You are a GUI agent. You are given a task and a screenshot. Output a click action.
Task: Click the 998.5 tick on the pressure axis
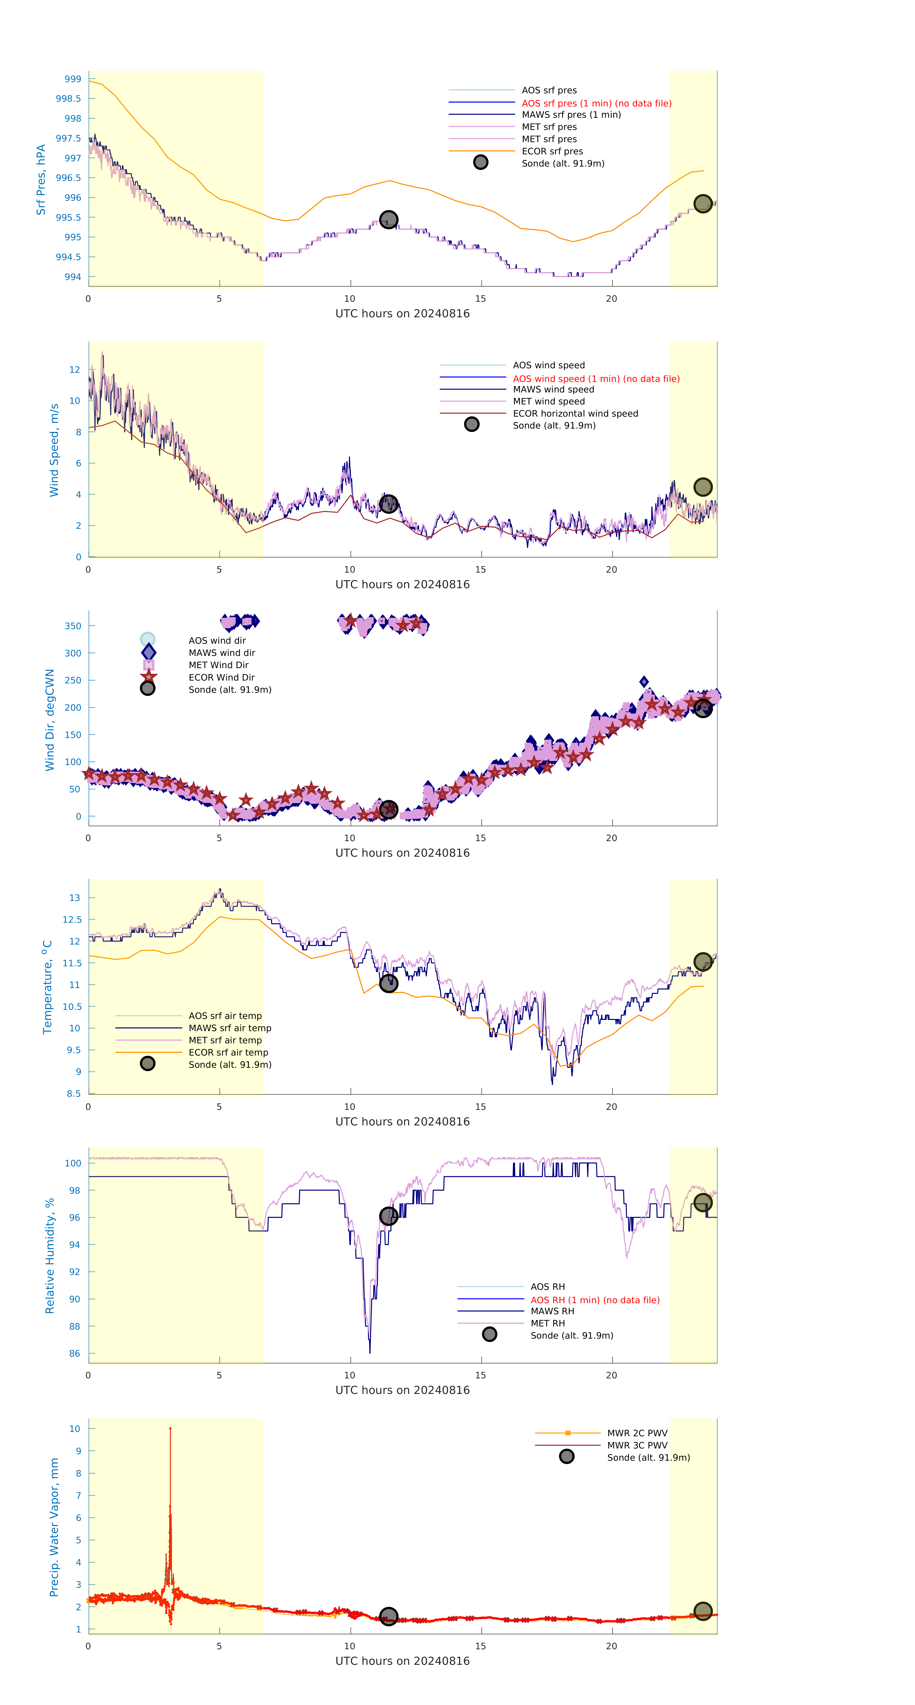point(69,99)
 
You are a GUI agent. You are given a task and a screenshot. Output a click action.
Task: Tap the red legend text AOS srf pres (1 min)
point(596,103)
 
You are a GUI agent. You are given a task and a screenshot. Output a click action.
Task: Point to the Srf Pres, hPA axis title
point(41,179)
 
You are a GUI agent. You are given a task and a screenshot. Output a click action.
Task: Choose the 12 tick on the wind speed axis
point(75,369)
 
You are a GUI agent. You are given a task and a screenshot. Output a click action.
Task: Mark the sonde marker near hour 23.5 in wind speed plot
point(703,487)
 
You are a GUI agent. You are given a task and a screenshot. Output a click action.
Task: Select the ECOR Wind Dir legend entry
point(221,677)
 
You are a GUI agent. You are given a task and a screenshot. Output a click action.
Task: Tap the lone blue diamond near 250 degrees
point(644,682)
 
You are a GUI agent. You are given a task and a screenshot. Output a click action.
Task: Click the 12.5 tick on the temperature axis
point(72,919)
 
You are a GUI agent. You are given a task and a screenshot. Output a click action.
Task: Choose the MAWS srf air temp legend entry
point(230,1028)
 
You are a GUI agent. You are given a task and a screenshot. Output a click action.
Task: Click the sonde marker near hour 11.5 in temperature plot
point(388,984)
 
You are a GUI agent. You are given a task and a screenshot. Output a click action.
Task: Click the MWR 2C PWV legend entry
point(637,1433)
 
